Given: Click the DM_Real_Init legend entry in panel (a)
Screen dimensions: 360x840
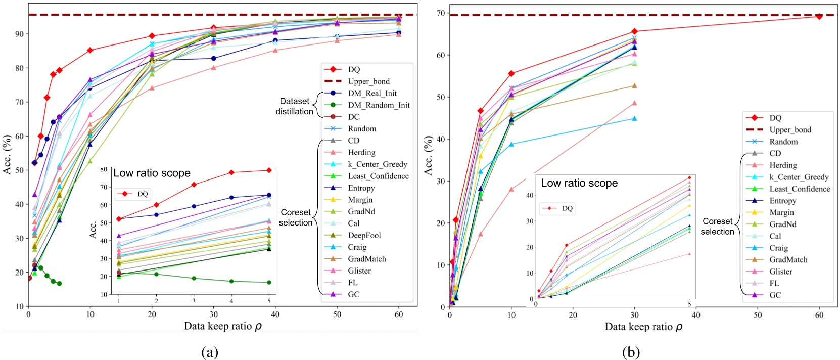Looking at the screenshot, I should [x=372, y=93].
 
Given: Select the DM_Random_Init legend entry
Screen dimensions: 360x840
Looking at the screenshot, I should [x=379, y=105].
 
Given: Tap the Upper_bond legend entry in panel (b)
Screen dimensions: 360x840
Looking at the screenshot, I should [x=790, y=130].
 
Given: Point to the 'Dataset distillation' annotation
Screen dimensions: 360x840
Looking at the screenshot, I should [x=294, y=106].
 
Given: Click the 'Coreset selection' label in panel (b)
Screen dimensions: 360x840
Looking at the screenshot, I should [x=717, y=227].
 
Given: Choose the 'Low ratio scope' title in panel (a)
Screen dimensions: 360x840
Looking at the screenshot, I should [x=152, y=173].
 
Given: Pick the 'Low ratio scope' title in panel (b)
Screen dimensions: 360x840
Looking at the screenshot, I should [x=579, y=183].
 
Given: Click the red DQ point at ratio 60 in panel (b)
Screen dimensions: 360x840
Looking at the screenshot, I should [x=819, y=16].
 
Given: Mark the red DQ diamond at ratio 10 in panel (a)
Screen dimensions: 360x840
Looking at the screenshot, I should [x=90, y=50].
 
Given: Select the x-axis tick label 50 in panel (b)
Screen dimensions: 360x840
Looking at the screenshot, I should [x=758, y=315].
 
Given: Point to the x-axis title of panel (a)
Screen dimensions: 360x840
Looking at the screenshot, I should [x=222, y=326].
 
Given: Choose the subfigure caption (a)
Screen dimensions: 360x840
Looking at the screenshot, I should [x=210, y=352].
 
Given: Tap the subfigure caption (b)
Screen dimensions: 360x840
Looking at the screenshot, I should [x=631, y=352].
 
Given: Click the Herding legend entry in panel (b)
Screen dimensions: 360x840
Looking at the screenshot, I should [x=783, y=165].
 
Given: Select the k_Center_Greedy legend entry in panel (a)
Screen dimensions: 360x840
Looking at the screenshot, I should [x=377, y=164].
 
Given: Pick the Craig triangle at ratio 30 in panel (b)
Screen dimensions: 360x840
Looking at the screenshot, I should [x=634, y=119].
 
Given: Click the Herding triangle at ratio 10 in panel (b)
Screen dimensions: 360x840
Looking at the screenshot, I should [x=511, y=189].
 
